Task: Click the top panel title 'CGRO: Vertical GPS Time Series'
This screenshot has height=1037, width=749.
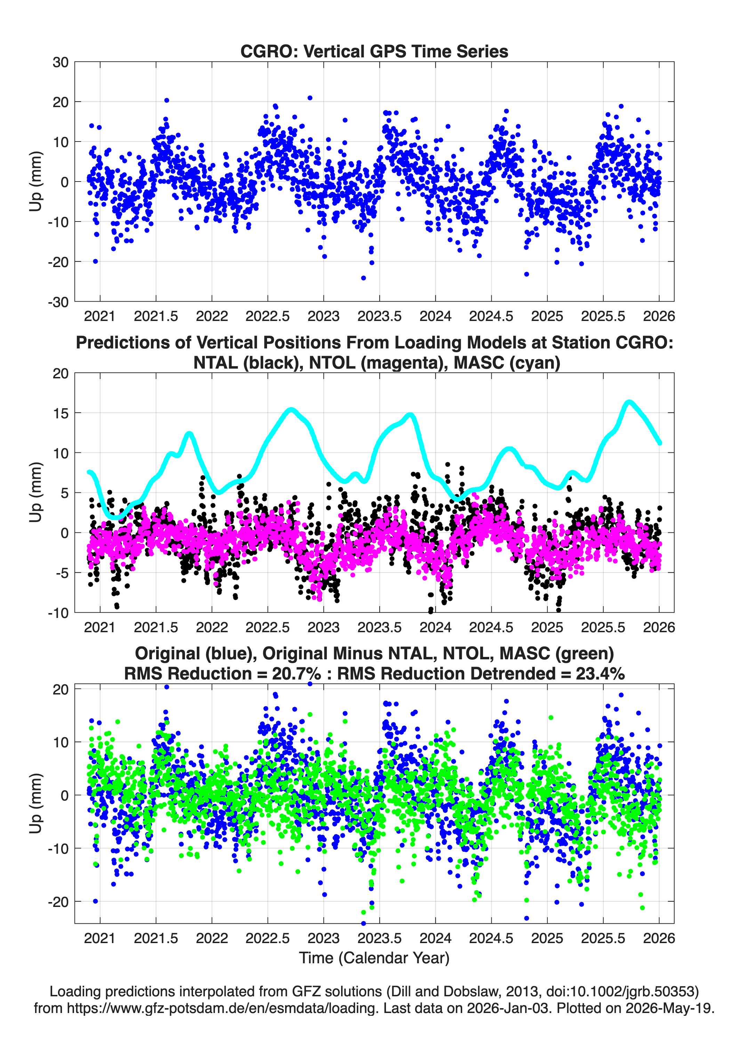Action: (x=374, y=51)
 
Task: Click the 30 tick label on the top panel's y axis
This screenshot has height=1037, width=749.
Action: (x=61, y=62)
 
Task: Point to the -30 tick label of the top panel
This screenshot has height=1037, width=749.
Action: (x=58, y=302)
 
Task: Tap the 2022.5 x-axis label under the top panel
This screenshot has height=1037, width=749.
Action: (x=267, y=316)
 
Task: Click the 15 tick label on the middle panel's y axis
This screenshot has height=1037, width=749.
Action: (x=61, y=413)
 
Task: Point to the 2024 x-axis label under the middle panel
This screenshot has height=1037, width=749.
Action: (x=435, y=627)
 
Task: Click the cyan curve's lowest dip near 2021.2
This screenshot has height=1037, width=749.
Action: (x=118, y=517)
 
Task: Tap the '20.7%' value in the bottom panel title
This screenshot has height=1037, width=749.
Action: (x=296, y=674)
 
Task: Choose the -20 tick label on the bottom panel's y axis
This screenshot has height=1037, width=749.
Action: (x=58, y=901)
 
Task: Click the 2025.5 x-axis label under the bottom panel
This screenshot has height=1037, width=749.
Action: (x=603, y=938)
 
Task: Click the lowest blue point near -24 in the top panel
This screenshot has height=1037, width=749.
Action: (x=363, y=278)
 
